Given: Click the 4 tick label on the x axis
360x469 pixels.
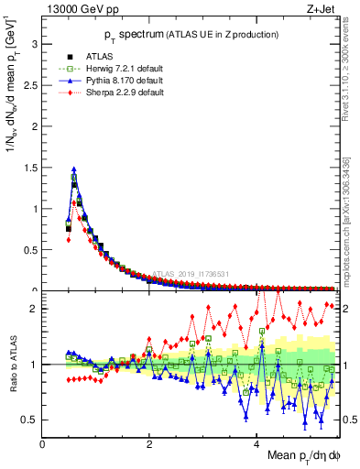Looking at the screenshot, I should (x=256, y=443).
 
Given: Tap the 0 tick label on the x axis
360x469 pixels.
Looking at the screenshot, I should (x=43, y=443).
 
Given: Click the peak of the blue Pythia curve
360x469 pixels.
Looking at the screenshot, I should (x=73, y=169).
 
